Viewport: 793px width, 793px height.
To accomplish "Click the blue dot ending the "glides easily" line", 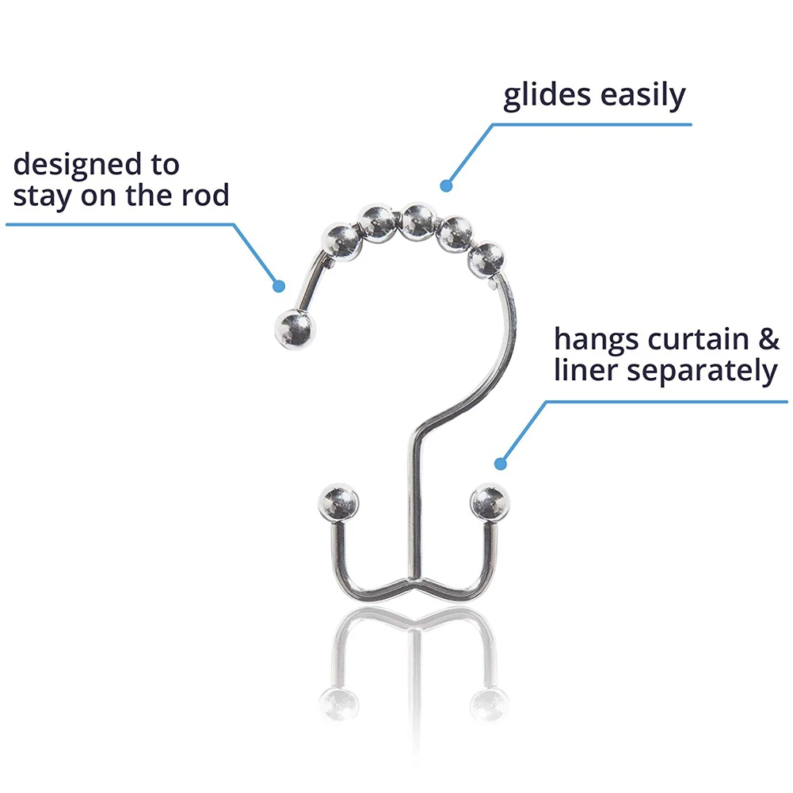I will (x=446, y=187).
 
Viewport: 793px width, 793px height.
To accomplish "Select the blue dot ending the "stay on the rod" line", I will (x=278, y=286).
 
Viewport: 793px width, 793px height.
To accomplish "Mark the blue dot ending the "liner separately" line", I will (x=500, y=463).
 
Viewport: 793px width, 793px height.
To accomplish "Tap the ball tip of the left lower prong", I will (x=338, y=502).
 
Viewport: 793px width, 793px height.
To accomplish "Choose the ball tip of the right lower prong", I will (x=489, y=501).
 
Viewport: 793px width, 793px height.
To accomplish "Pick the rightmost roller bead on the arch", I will (x=485, y=258).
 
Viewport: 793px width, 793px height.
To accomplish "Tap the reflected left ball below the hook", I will (x=339, y=701).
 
